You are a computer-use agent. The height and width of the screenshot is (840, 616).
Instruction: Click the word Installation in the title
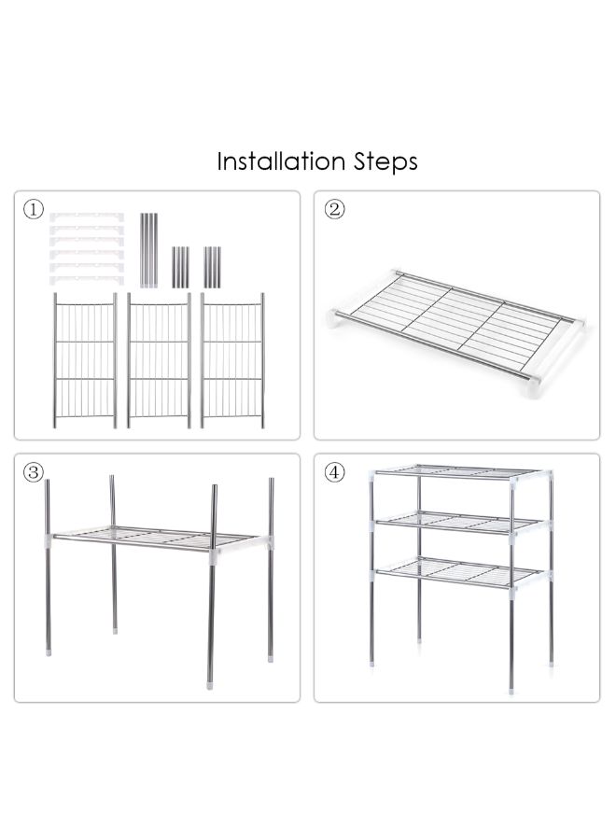281,161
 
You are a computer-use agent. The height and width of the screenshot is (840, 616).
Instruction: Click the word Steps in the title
385,162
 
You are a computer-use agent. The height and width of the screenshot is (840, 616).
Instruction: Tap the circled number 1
34,209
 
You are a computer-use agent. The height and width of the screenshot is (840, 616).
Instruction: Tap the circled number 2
335,209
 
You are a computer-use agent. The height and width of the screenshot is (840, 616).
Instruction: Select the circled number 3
34,472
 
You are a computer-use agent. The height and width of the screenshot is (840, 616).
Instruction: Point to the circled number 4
335,472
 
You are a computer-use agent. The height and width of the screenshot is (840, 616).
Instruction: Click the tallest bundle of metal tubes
149,250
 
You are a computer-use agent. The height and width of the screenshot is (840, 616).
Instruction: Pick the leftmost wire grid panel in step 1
85,360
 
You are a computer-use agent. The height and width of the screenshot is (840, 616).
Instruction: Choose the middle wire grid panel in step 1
159,360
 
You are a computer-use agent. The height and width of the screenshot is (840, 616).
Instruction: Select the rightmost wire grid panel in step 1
232,360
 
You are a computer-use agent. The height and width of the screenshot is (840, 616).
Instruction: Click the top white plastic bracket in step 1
87,217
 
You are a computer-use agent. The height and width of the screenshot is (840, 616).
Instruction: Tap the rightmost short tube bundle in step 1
212,267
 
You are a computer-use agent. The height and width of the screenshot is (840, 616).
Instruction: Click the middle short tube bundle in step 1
180,267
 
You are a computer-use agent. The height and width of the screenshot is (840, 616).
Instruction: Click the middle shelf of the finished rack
458,523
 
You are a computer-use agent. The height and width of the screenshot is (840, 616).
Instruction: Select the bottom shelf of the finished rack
458,572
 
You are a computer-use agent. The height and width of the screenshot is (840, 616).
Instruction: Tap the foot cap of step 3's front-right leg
209,684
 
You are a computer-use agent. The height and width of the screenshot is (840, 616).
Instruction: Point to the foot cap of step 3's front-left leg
49,652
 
